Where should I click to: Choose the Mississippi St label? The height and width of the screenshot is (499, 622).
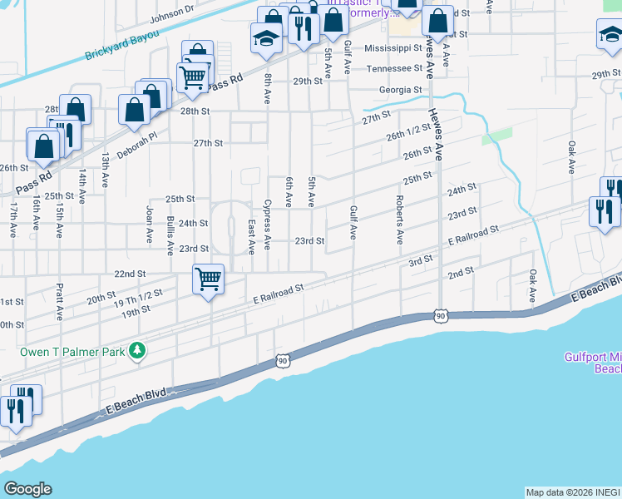pos(393,49)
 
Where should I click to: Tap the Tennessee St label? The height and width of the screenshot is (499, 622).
pos(395,68)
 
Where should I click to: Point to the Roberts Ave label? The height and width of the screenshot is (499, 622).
pos(400,220)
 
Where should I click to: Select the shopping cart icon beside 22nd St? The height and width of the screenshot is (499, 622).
pos(208,279)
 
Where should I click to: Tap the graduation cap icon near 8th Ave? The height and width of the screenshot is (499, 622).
pos(266,38)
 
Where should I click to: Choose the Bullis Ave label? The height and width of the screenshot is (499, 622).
pos(170,235)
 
